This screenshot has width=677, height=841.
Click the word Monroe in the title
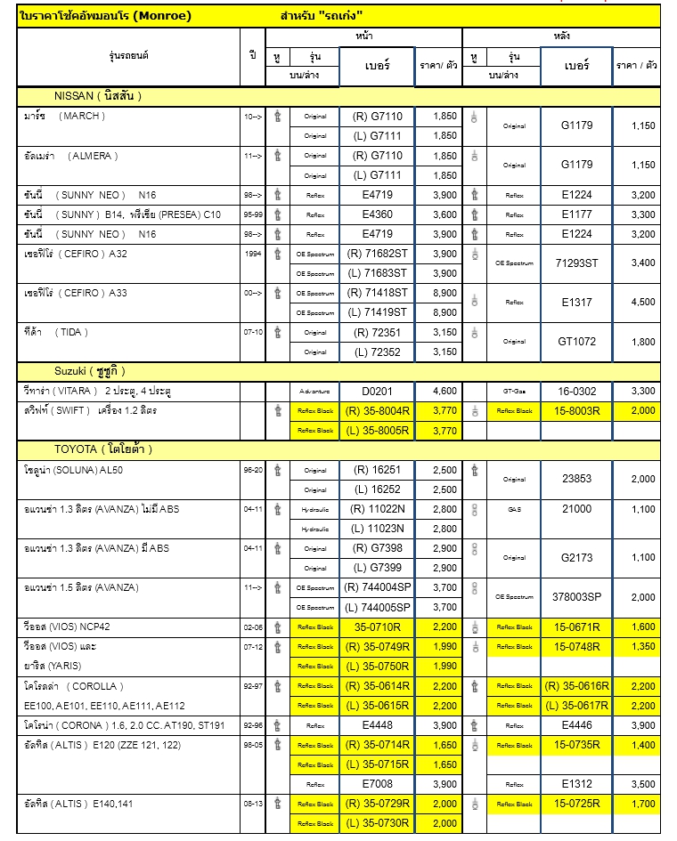point(165,16)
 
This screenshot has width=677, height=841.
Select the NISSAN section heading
point(98,95)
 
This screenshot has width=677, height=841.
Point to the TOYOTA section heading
point(101,449)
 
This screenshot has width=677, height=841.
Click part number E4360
point(378,214)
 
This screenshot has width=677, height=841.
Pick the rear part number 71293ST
point(576,263)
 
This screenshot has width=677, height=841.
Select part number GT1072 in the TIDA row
point(576,342)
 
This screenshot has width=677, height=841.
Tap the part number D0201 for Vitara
point(378,391)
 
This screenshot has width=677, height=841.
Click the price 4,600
point(444,391)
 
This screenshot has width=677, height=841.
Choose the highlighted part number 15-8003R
point(576,410)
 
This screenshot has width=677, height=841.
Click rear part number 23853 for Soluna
point(576,479)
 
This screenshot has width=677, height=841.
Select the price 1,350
point(642,646)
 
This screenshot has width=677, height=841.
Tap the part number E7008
point(378,784)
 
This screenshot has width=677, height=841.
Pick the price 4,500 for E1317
point(642,303)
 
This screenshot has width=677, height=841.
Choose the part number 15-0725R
point(576,804)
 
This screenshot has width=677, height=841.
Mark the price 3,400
point(642,263)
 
